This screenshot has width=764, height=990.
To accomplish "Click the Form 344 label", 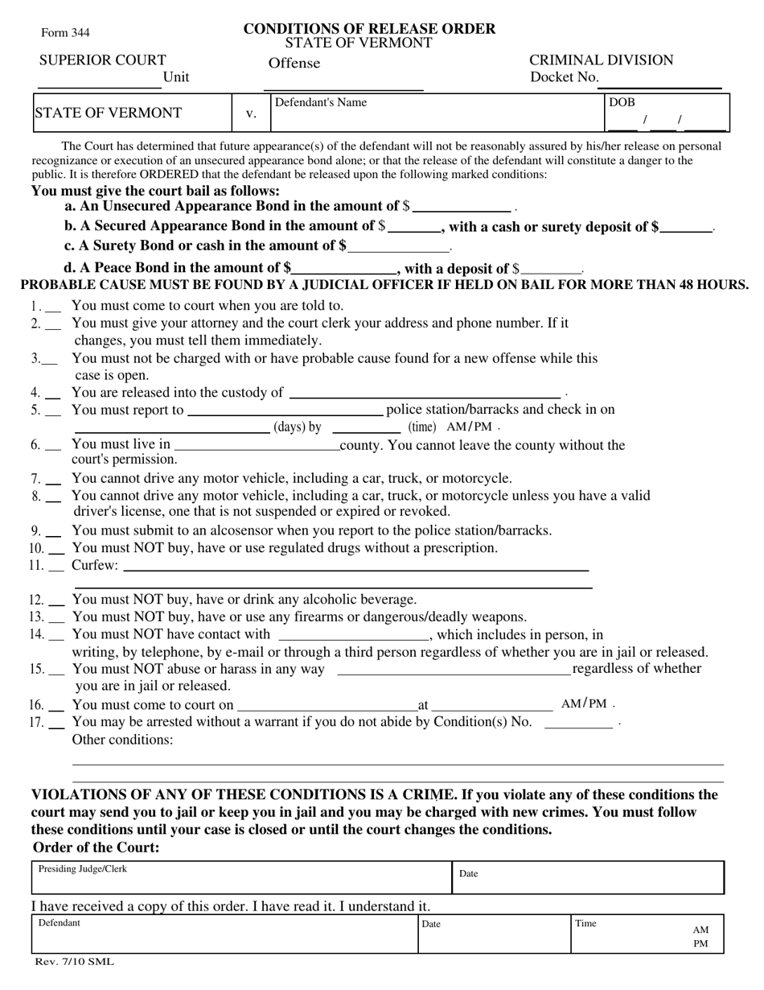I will click(x=65, y=33).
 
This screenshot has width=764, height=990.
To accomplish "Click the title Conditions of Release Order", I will click(x=369, y=29).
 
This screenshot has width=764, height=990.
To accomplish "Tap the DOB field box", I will click(x=667, y=113).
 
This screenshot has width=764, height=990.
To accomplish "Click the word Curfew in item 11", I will click(x=94, y=565).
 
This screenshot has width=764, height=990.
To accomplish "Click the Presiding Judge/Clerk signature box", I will click(x=241, y=877).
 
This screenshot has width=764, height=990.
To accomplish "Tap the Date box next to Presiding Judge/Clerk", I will click(x=588, y=877).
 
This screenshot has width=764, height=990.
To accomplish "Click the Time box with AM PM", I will click(x=647, y=934).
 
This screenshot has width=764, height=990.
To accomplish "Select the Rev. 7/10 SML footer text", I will click(x=73, y=962).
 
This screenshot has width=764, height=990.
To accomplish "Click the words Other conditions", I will click(x=122, y=739).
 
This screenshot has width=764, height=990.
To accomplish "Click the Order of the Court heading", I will click(x=96, y=848).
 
